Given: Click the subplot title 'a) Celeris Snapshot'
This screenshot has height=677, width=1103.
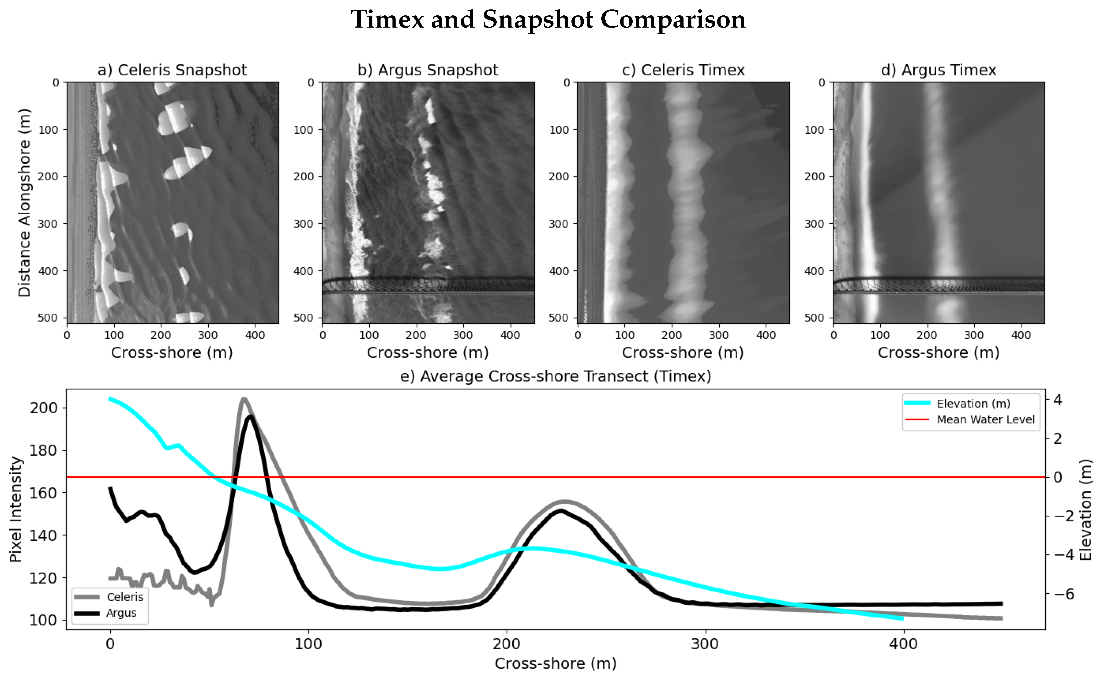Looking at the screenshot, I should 172,70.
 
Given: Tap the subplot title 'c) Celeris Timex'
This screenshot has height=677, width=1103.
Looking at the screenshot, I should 683,70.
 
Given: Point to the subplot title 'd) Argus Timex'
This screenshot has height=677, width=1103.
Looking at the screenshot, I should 938,70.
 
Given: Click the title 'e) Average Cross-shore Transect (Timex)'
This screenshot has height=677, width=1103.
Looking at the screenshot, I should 555,376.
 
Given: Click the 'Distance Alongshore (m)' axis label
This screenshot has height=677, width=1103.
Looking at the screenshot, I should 24,203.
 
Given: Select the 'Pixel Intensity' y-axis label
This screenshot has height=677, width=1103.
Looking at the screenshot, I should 16,509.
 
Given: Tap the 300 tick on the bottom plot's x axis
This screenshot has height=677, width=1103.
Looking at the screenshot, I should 705,645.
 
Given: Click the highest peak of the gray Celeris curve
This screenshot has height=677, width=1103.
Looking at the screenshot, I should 244,399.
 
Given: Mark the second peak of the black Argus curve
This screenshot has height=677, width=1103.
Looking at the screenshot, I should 561,511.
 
